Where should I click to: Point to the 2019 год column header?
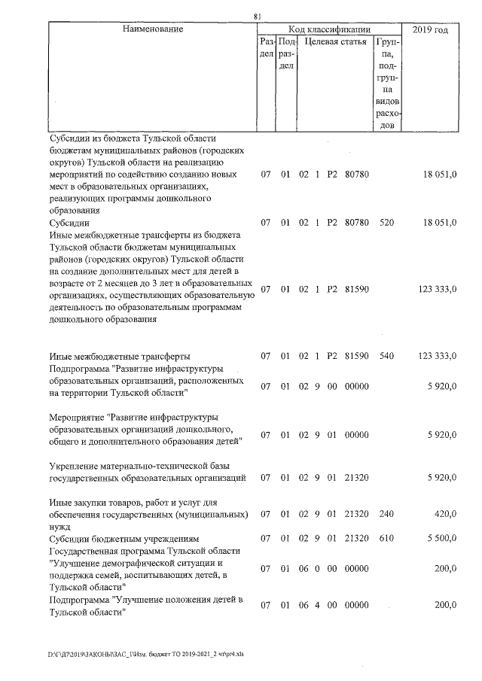click(x=431, y=29)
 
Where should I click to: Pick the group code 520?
click(x=387, y=223)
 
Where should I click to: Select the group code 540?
click(x=387, y=355)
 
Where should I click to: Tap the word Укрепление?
click(x=75, y=466)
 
